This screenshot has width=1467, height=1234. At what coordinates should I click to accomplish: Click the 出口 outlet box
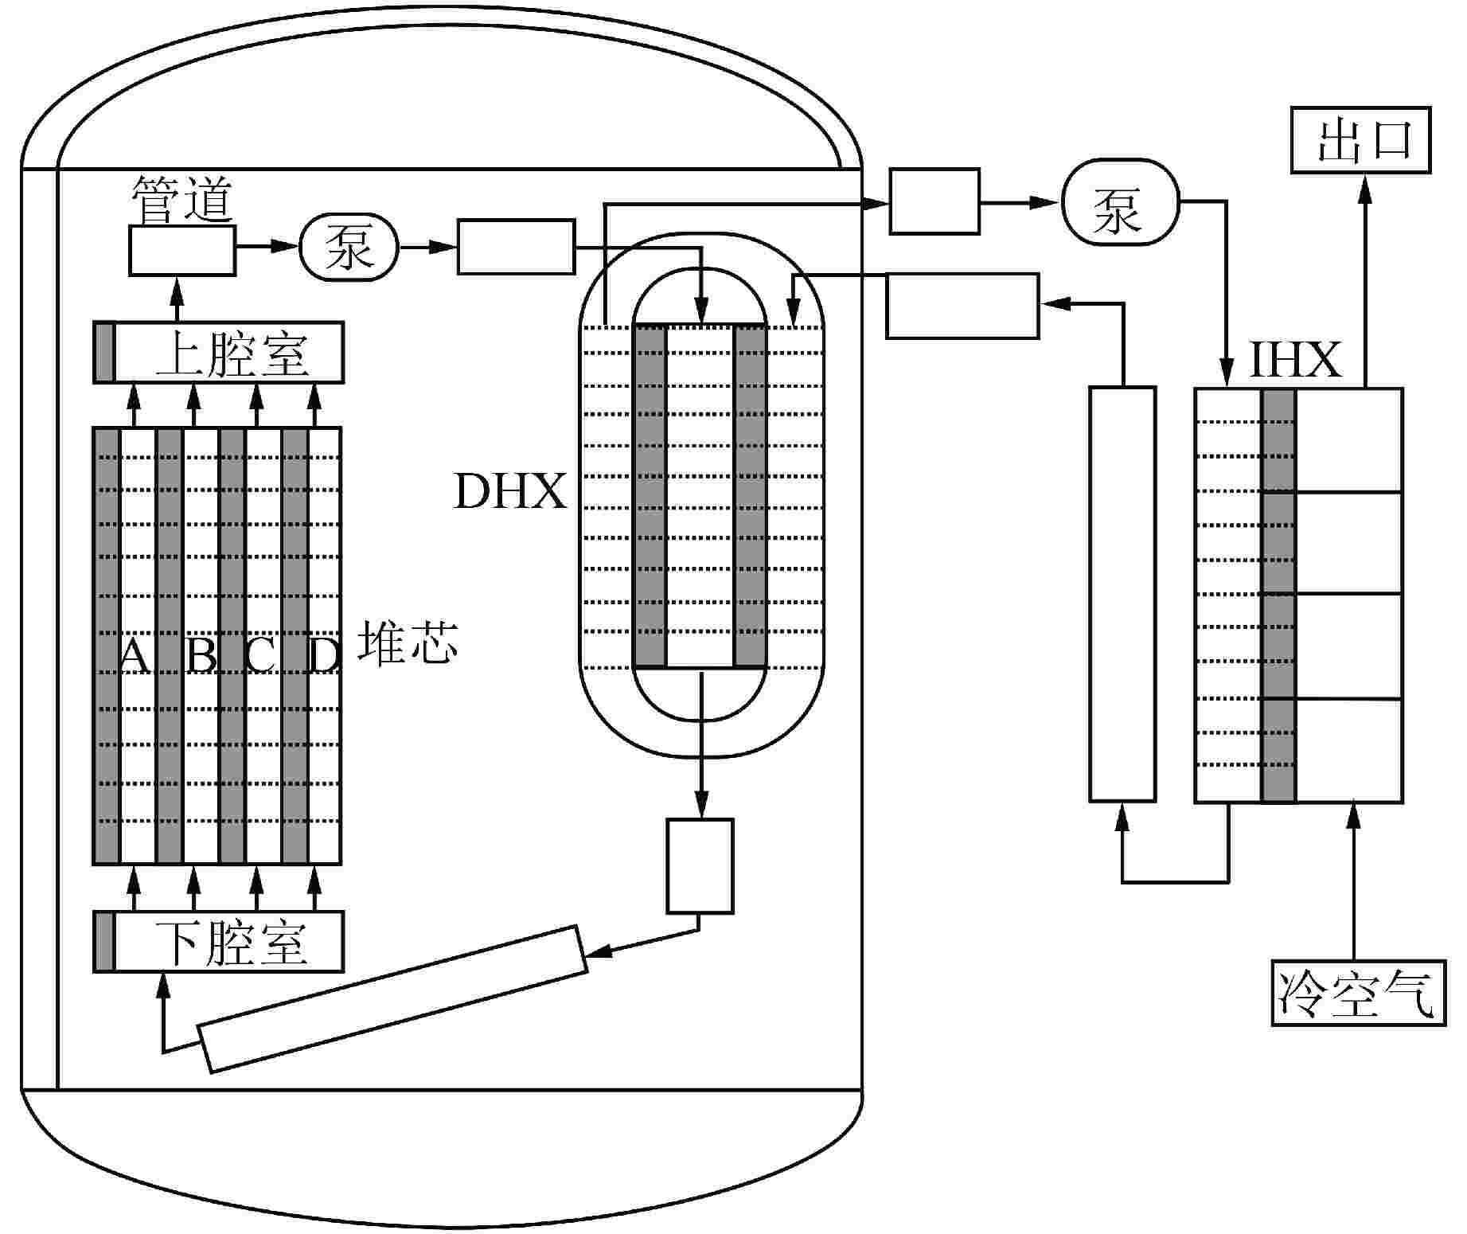tap(1360, 140)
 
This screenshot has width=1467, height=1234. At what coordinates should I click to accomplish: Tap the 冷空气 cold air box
tap(1359, 993)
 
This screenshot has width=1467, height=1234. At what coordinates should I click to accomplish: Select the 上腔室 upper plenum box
tap(219, 353)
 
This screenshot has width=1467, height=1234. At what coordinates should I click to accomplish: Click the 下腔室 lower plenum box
tap(219, 942)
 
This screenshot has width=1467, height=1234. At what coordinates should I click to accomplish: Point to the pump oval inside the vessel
tap(349, 249)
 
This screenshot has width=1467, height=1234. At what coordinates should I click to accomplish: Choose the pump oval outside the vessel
tap(1119, 205)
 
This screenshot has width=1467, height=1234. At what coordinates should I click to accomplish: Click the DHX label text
tap(510, 491)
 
